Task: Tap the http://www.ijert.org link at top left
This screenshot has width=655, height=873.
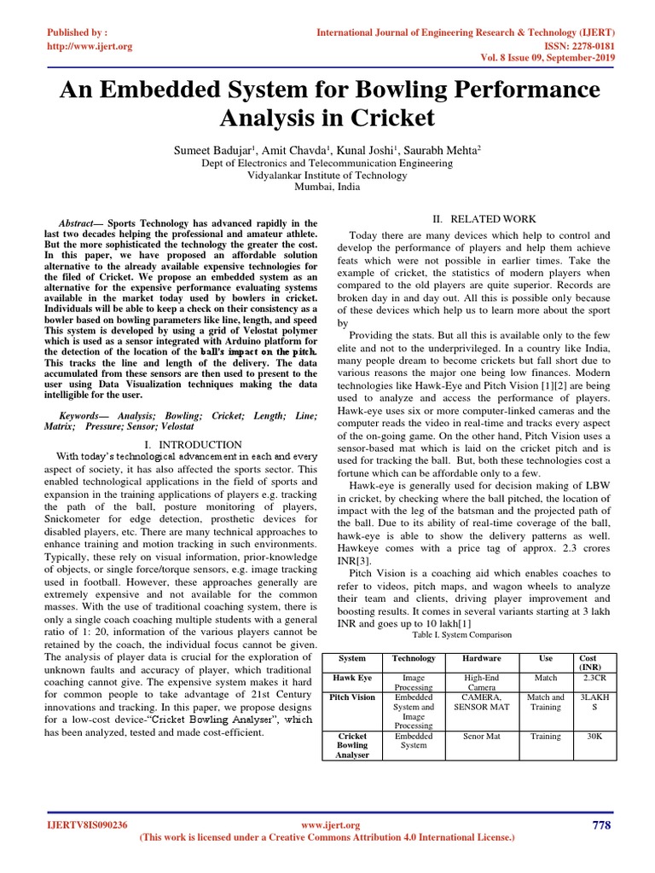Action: tap(89, 46)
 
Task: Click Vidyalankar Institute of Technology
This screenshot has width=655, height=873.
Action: tap(327, 176)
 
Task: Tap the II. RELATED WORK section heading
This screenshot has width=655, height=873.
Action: tap(481, 219)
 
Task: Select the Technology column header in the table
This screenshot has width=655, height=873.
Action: tap(414, 659)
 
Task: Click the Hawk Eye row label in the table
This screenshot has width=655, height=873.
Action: tap(352, 679)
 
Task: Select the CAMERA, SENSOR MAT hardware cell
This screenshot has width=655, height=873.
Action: tap(482, 702)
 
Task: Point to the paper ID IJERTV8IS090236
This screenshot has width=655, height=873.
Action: tap(90, 825)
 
